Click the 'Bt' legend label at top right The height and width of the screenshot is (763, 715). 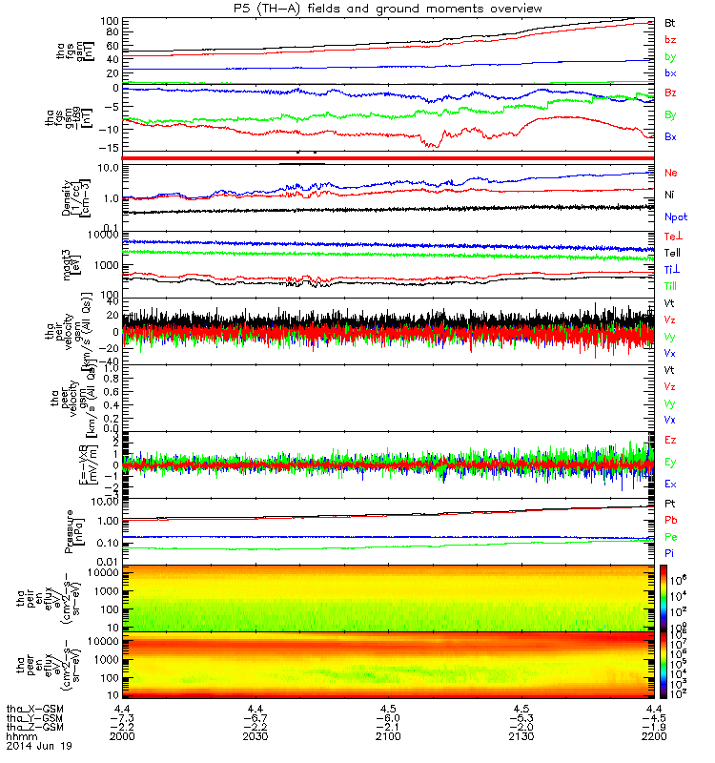tap(670, 22)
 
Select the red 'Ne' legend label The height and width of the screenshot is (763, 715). tap(670, 173)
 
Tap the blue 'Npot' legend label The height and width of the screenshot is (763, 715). tap(675, 217)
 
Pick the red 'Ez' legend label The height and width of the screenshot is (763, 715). tap(670, 440)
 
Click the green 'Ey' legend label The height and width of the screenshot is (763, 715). tap(670, 462)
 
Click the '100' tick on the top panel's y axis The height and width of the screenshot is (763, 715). tap(108, 21)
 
